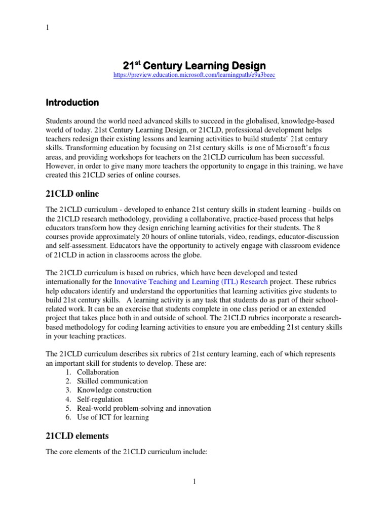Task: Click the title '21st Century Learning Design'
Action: point(194,66)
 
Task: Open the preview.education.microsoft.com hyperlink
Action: point(194,75)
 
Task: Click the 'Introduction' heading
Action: point(72,103)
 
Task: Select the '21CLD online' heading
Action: point(72,194)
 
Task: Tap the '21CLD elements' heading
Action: point(77,436)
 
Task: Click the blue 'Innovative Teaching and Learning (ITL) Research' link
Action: point(191,281)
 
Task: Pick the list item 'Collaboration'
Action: point(98,372)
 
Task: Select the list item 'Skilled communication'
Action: point(112,381)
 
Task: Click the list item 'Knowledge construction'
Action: point(114,391)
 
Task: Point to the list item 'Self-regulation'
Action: point(100,400)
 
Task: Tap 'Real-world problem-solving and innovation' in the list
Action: point(144,408)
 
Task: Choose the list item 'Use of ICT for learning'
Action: point(113,417)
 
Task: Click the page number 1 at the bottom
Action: point(194,482)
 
